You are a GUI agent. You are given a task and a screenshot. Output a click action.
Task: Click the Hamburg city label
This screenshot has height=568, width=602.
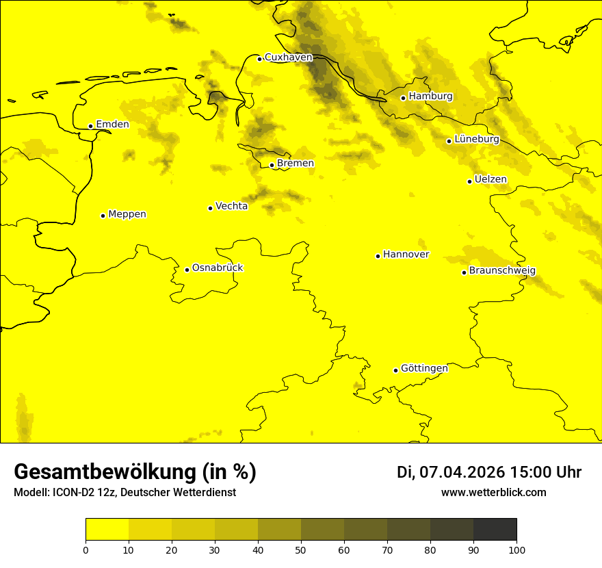(x=430, y=96)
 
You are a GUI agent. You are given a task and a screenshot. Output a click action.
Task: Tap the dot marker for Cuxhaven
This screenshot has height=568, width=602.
(x=259, y=59)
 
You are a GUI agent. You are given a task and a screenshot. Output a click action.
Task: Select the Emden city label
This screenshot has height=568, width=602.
(x=112, y=125)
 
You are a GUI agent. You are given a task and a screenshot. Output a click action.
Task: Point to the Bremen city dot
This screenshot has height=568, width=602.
(x=272, y=165)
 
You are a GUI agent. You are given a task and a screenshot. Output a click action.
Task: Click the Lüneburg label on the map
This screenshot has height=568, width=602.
(x=477, y=139)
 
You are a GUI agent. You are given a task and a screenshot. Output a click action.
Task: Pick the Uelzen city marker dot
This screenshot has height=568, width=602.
(x=469, y=181)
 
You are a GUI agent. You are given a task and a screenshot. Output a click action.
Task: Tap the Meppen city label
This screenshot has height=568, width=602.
(x=127, y=214)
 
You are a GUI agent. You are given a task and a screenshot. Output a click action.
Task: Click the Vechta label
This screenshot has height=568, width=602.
(x=231, y=206)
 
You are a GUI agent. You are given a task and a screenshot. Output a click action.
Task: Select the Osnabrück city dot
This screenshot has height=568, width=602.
(x=187, y=270)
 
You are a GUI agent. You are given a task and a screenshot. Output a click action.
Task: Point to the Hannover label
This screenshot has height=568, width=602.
(x=406, y=255)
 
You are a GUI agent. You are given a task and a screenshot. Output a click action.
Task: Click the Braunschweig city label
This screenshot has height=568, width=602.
(x=502, y=271)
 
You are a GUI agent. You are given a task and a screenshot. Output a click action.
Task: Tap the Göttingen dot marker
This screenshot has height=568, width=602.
(x=395, y=370)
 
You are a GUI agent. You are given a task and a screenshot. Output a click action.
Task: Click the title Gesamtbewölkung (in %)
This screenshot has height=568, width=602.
(x=135, y=472)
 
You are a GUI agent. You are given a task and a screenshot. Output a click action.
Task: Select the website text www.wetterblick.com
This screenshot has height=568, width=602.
(x=493, y=493)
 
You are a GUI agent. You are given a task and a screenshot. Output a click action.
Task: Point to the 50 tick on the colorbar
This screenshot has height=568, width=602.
(x=301, y=550)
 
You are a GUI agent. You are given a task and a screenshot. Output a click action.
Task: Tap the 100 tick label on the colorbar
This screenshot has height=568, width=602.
(x=516, y=550)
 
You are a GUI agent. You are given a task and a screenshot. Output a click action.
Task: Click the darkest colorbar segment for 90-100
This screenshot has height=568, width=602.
(x=495, y=530)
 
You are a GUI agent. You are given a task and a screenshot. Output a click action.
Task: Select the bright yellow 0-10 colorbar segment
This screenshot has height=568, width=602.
(x=107, y=530)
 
